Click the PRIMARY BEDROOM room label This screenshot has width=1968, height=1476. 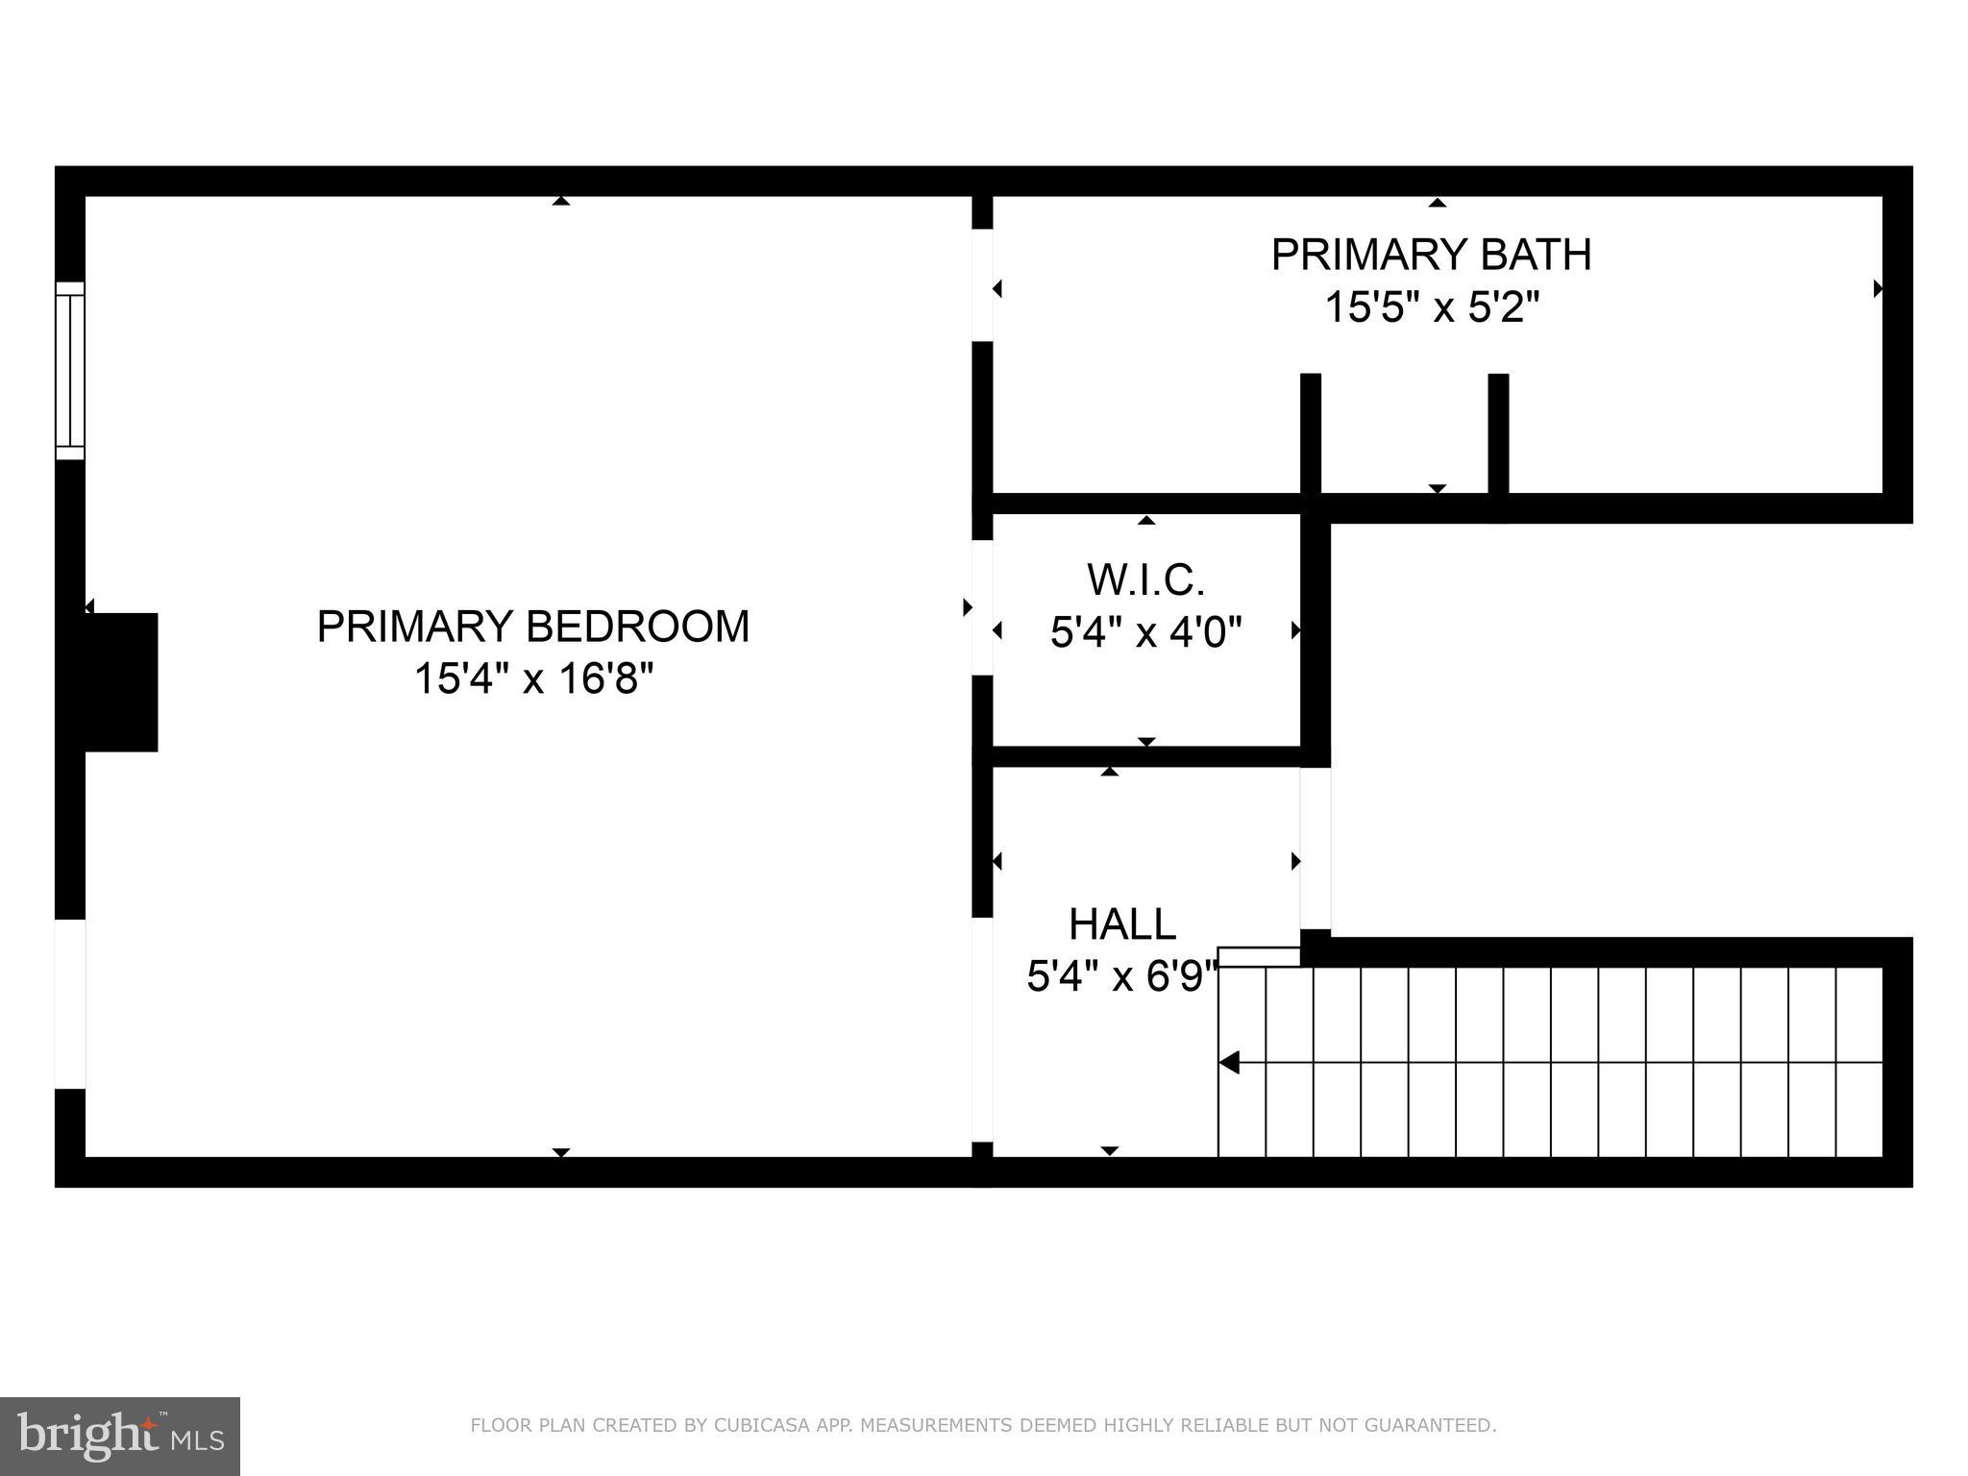coord(532,627)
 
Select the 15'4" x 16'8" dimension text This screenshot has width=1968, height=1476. coord(532,679)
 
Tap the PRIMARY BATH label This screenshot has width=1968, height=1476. coord(1431,255)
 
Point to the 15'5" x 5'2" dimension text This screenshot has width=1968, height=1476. coord(1431,308)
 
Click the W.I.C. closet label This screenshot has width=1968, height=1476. coord(1145,579)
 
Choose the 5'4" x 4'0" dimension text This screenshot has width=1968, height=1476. coord(1145,633)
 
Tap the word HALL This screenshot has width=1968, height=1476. coord(1121,924)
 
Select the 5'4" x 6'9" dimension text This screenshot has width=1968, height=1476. coord(1121,978)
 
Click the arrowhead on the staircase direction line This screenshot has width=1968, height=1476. coord(1229,1063)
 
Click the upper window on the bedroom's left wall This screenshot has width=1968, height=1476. coord(70,370)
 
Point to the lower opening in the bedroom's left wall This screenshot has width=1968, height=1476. coord(70,1004)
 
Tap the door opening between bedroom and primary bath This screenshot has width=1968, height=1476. coord(981,285)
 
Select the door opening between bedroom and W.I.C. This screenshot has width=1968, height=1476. coord(981,607)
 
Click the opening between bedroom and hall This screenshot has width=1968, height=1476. coord(981,1028)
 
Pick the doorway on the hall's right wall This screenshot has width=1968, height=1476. coord(1316,849)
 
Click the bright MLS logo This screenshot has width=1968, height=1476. coord(120,1436)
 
